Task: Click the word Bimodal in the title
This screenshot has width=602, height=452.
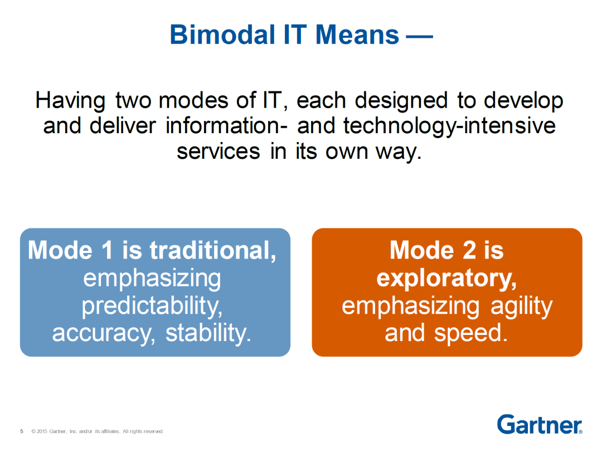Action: point(222,35)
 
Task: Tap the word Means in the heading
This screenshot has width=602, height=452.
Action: point(357,35)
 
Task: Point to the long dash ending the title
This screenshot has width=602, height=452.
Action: point(420,37)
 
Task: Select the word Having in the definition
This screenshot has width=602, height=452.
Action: point(70,101)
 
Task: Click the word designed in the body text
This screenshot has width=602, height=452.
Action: point(401,101)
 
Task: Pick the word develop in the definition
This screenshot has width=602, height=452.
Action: point(523,101)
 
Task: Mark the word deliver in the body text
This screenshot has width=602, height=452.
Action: point(123,125)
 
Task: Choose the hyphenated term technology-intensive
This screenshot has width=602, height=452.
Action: point(449,127)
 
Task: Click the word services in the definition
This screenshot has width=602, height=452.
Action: point(218,151)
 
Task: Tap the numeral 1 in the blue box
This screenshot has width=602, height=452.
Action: point(108,250)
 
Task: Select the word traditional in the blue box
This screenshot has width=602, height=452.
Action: point(213,250)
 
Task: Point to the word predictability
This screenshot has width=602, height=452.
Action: point(152,306)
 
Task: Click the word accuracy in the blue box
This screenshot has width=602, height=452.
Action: point(104,333)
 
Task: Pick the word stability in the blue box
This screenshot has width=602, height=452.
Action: point(208,333)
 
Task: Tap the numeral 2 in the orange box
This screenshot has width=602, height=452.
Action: point(469,250)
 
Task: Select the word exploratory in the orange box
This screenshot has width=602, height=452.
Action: point(446,279)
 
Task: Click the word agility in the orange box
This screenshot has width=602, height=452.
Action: point(521,306)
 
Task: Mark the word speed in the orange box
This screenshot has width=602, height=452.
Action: point(471,333)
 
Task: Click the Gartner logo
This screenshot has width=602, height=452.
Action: point(540,424)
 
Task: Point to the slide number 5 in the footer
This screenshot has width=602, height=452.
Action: point(22,431)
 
